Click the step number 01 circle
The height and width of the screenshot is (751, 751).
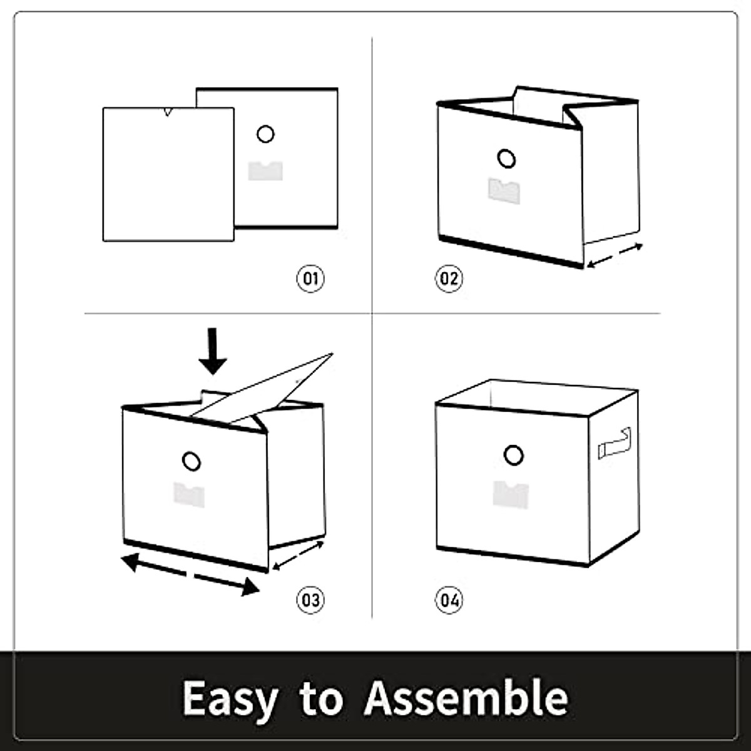(310, 278)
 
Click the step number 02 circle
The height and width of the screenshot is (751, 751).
(449, 278)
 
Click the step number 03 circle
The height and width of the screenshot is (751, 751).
(310, 600)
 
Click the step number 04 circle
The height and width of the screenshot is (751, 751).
(449, 601)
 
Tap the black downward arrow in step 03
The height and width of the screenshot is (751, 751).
(213, 350)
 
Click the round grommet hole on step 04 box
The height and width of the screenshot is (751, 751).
(513, 455)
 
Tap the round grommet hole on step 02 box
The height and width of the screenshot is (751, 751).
(507, 158)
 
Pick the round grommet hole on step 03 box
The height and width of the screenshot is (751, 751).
(192, 462)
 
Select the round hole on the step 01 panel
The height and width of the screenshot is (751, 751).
(265, 134)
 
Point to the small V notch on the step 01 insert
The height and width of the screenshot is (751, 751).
(166, 112)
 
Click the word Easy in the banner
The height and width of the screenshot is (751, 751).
(230, 698)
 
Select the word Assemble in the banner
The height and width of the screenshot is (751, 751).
(466, 697)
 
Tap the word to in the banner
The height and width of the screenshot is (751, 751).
(321, 698)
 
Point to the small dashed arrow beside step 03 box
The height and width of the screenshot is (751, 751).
(299, 556)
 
